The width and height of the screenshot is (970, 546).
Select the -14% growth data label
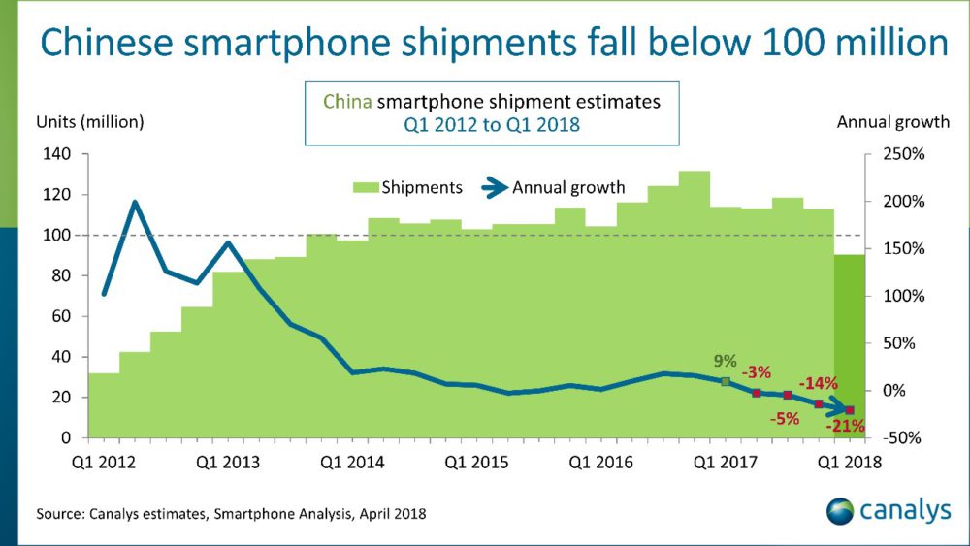818,383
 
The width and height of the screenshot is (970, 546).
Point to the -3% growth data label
757,372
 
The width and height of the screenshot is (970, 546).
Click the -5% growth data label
786,418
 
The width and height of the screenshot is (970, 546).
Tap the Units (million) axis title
90,122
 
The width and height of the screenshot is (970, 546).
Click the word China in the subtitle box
346,101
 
